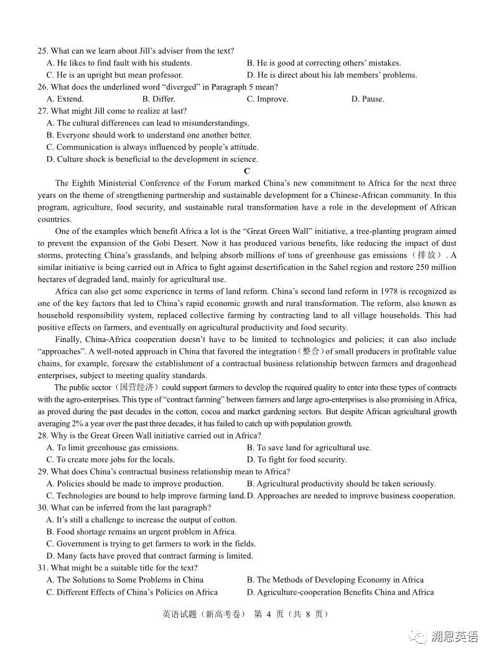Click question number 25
[42, 51]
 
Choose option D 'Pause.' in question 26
[368, 99]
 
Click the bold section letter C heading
[247, 171]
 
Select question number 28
[42, 435]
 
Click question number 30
[42, 507]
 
